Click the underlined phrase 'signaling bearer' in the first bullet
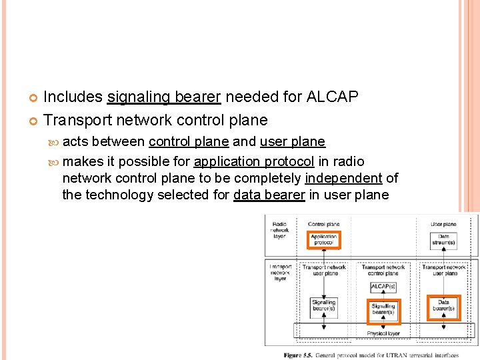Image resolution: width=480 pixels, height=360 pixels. pos(163,97)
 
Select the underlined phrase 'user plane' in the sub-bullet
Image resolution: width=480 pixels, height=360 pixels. pos(292,141)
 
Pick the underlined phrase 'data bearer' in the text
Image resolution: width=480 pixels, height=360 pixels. pos(269,195)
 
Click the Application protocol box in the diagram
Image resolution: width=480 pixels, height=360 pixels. pos(323,240)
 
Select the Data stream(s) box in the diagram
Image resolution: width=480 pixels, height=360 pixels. pos(443,240)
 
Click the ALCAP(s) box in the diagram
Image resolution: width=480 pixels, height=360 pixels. pos(383,287)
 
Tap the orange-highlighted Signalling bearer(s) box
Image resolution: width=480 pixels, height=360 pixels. pos(383,309)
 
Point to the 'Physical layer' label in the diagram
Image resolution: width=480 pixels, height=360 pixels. pos(383,333)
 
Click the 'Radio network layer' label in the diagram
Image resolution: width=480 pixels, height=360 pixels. pos(280,230)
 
